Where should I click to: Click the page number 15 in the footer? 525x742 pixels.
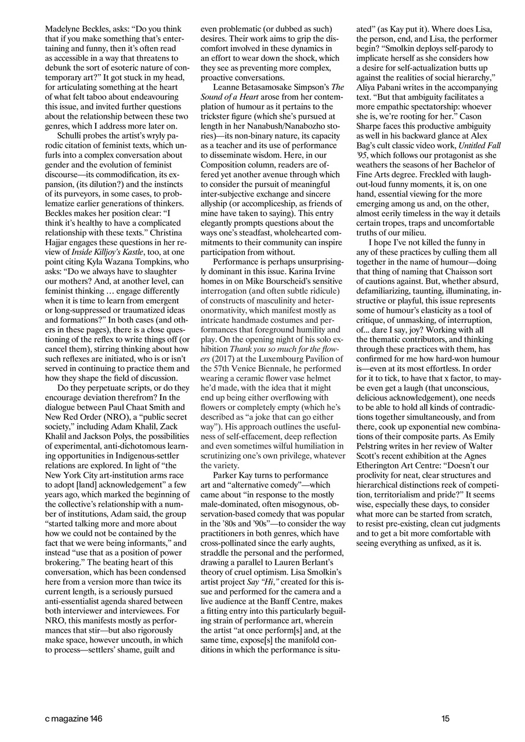444,719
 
